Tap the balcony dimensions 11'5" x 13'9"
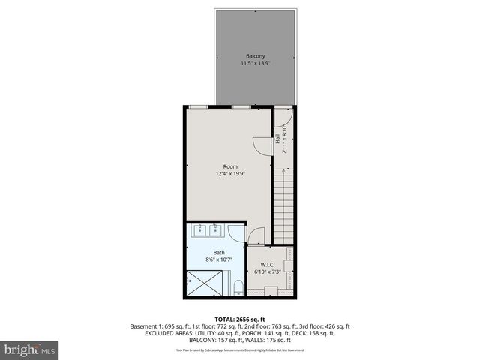coord(255,64)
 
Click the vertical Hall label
coord(277,139)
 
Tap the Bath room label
coord(218,253)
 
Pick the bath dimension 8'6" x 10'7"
coord(218,260)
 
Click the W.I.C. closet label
coord(268,265)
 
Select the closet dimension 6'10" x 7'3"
coord(268,272)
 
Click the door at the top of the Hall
coord(282,116)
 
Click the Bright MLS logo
coord(30,349)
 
